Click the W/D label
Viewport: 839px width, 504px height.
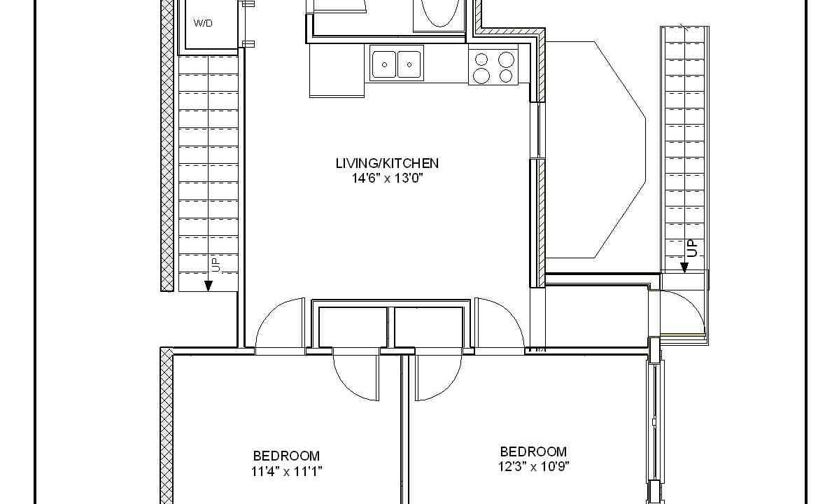pyautogui.click(x=202, y=23)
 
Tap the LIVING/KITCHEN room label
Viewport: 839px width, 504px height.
pyautogui.click(x=387, y=163)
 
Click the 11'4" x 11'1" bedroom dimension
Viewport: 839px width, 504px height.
pyautogui.click(x=286, y=471)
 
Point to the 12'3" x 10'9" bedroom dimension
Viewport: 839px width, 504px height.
pyautogui.click(x=533, y=466)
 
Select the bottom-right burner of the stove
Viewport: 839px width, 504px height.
pyautogui.click(x=506, y=76)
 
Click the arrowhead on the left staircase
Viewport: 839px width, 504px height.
pyautogui.click(x=208, y=286)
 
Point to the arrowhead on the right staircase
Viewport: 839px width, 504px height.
pyautogui.click(x=684, y=267)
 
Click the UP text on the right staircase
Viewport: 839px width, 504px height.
pyautogui.click(x=692, y=248)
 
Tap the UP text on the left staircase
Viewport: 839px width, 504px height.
pyautogui.click(x=215, y=264)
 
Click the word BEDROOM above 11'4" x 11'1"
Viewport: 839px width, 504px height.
pyautogui.click(x=286, y=456)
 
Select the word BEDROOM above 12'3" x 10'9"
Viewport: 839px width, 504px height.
pyautogui.click(x=533, y=451)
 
